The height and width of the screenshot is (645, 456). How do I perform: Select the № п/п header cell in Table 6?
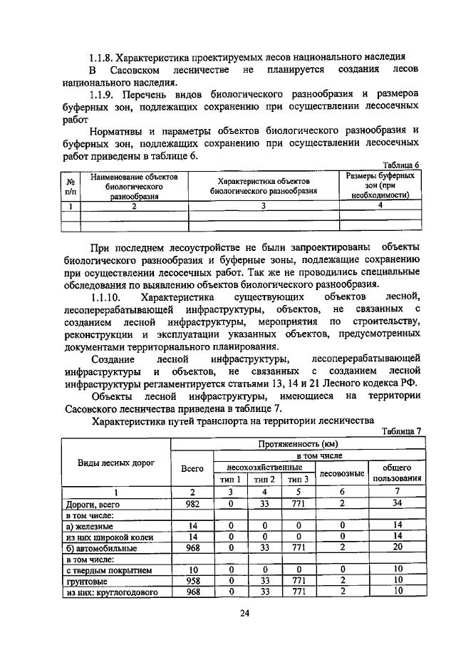70,185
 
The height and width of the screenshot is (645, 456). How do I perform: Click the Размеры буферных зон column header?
380,185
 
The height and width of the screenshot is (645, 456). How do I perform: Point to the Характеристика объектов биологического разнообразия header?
263,186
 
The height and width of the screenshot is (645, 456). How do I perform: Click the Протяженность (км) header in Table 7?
298,444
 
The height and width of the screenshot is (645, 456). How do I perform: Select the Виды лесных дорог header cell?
115,462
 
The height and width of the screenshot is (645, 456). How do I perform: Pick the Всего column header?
192,468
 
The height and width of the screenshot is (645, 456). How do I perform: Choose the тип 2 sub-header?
264,480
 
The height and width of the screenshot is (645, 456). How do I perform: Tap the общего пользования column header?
398,473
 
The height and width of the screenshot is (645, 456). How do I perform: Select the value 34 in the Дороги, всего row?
398,503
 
